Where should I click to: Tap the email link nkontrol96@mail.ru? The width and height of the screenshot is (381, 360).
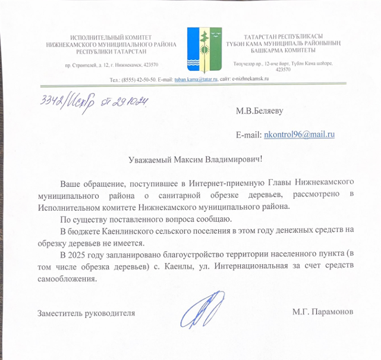(300, 135)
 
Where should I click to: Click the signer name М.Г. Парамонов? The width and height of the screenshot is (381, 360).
(323, 312)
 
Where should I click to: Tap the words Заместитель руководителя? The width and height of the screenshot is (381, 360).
(86, 312)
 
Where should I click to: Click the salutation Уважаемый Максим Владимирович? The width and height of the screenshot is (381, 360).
(196, 159)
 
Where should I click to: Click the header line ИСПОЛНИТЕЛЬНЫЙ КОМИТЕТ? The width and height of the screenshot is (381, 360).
(111, 37)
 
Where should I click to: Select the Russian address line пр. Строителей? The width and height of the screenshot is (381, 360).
(111, 64)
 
